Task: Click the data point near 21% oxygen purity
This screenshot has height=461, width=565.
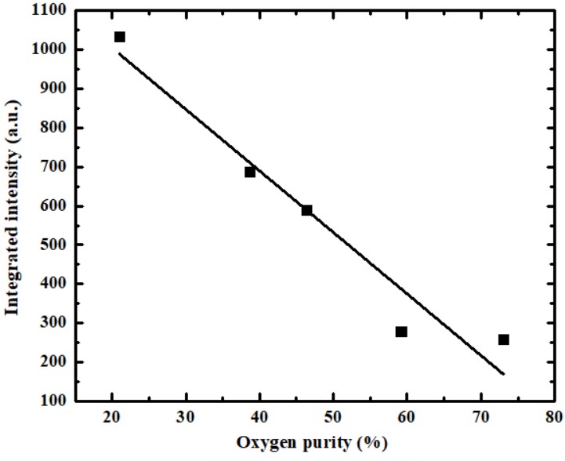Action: (x=119, y=37)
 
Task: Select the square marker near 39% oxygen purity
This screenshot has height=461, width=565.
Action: (x=250, y=172)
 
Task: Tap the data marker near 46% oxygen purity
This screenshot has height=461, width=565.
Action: (x=306, y=210)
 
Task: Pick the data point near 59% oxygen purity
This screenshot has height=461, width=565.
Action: (x=401, y=332)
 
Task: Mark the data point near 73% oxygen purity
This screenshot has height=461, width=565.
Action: (x=503, y=339)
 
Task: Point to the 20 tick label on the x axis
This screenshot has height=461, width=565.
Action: (x=112, y=416)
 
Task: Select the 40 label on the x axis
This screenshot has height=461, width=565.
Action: (x=259, y=416)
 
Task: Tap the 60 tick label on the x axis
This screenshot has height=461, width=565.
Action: (x=407, y=416)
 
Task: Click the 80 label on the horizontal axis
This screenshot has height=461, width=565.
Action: (x=554, y=416)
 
